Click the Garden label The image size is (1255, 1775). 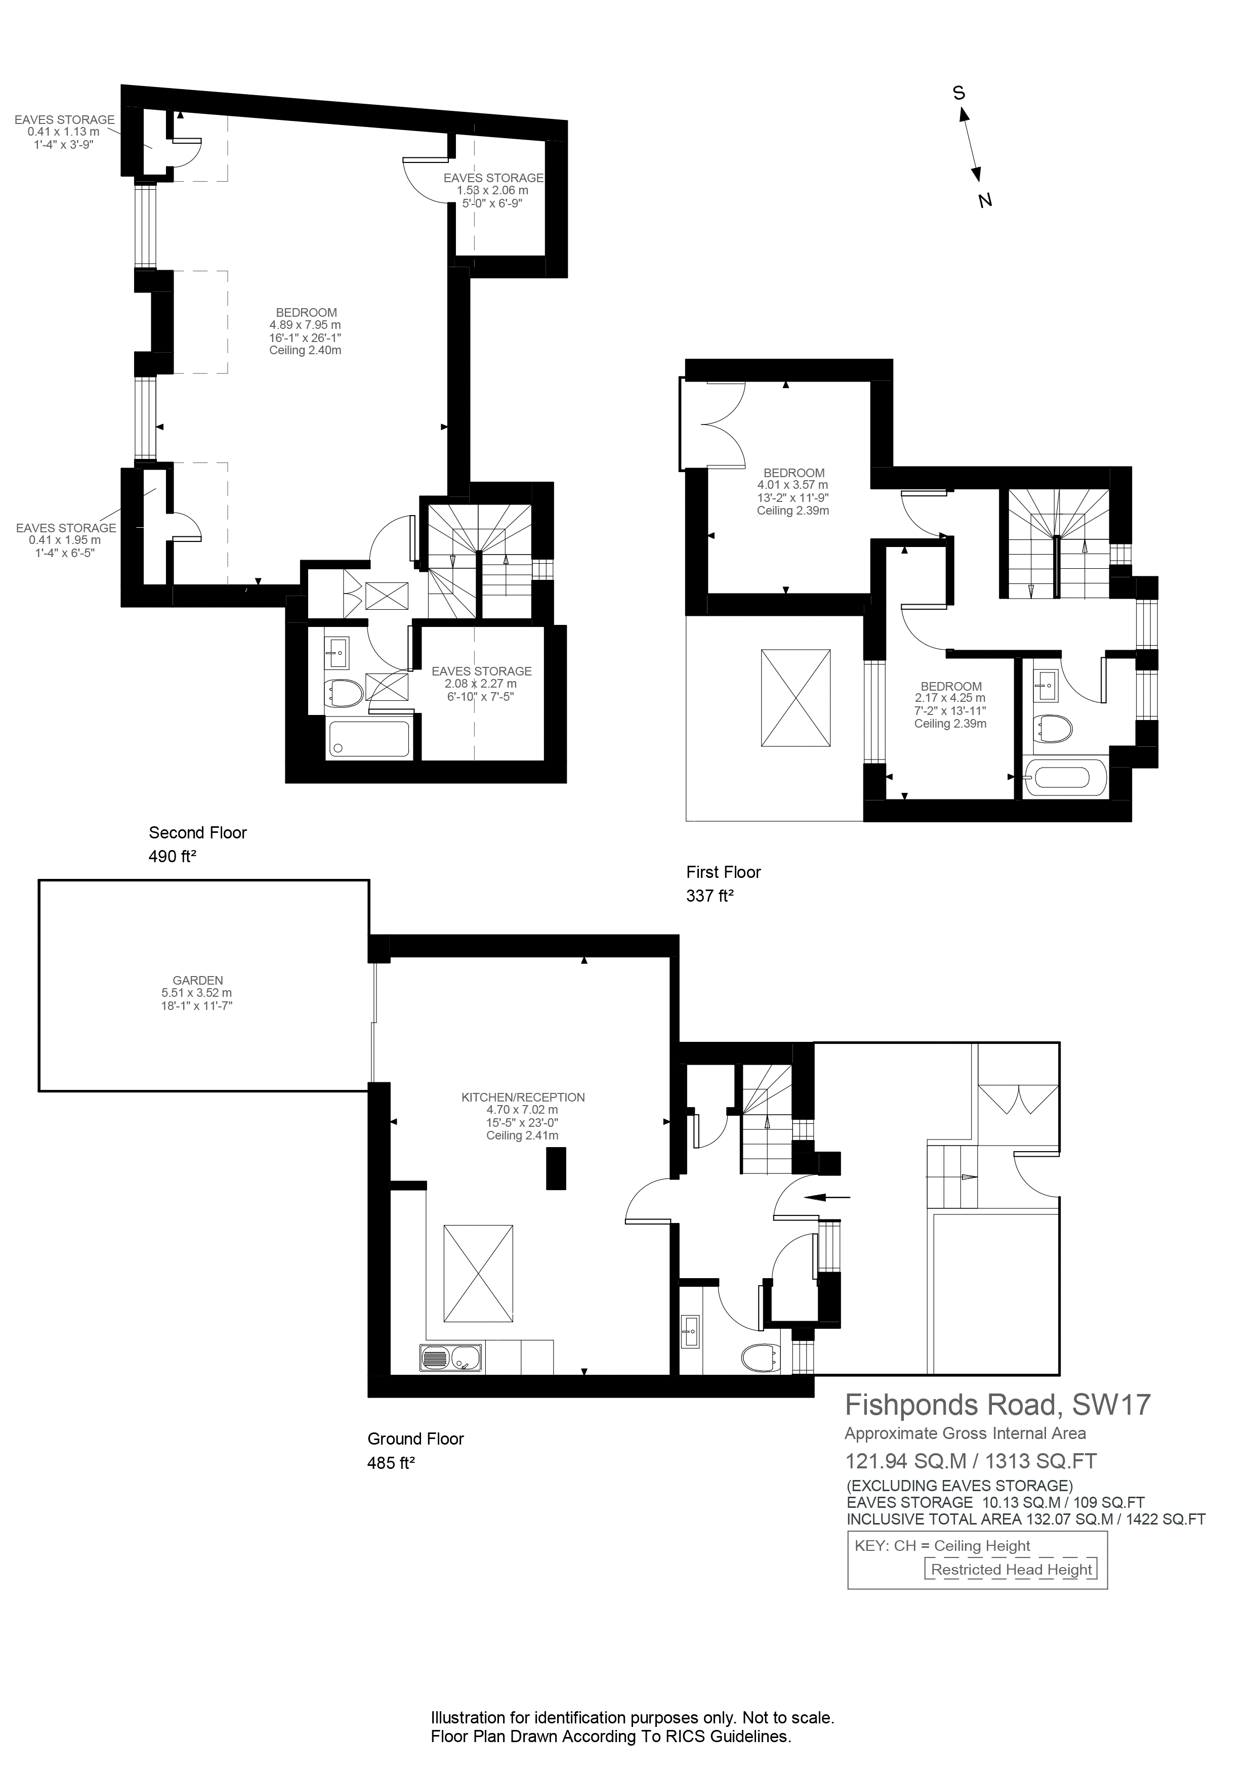(x=197, y=980)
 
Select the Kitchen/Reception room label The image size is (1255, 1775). (x=523, y=1097)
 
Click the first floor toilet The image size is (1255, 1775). (x=1054, y=728)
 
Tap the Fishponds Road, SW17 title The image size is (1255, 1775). (x=997, y=1404)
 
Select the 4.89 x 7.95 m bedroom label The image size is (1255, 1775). (x=306, y=325)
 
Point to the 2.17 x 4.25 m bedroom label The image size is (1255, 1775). (x=950, y=698)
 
